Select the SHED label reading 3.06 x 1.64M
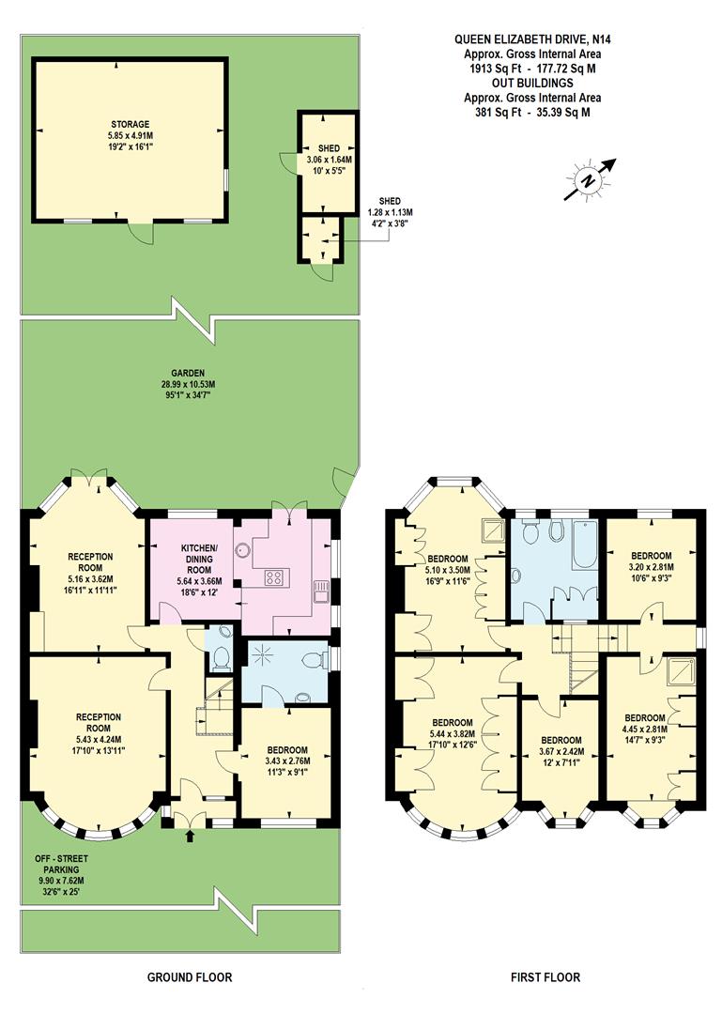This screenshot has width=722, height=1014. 328,161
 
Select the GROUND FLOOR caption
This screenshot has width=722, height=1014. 189,977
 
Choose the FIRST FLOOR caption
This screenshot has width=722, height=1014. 545,977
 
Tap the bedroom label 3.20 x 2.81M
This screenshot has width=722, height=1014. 652,568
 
